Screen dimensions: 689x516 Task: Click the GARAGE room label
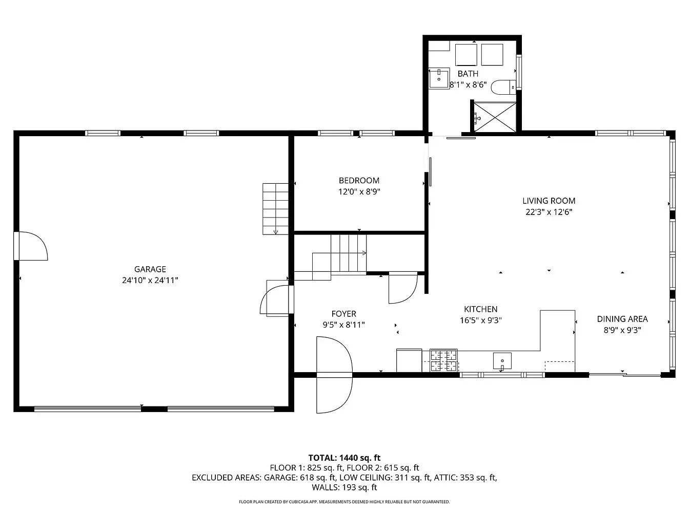pos(150,269)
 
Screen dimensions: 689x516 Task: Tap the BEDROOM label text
pos(359,181)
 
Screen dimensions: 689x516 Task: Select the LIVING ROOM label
pos(549,201)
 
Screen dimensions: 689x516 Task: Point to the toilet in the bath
pos(503,88)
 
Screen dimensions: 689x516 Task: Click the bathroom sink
pos(439,78)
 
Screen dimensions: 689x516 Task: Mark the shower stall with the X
pos(495,117)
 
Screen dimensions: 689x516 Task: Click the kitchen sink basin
pos(502,361)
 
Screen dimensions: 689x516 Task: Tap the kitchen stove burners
pos(443,360)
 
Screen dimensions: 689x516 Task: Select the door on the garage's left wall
pos(30,246)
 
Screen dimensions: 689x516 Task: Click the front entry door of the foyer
pos(334,375)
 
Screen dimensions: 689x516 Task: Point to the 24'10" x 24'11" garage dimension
pos(150,280)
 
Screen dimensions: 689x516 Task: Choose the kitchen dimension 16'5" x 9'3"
pos(480,320)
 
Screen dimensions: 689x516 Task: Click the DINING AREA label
pos(622,319)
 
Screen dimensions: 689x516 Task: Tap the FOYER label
pos(343,314)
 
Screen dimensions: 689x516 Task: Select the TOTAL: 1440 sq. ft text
pos(344,458)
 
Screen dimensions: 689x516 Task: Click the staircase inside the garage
pos(276,209)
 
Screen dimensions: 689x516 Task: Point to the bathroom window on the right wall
pos(519,72)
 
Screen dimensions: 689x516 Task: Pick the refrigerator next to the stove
pos(409,360)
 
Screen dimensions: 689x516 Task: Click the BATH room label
pos(468,74)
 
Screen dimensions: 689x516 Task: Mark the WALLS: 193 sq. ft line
pos(344,487)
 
